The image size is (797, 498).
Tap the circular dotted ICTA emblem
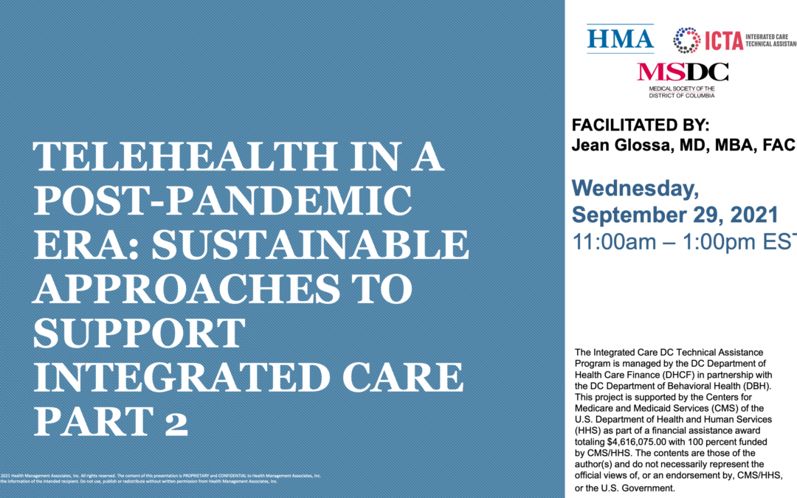point(687,40)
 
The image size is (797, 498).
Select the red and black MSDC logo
point(683,72)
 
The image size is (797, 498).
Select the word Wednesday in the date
point(635,189)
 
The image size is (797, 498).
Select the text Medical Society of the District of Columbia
point(683,91)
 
